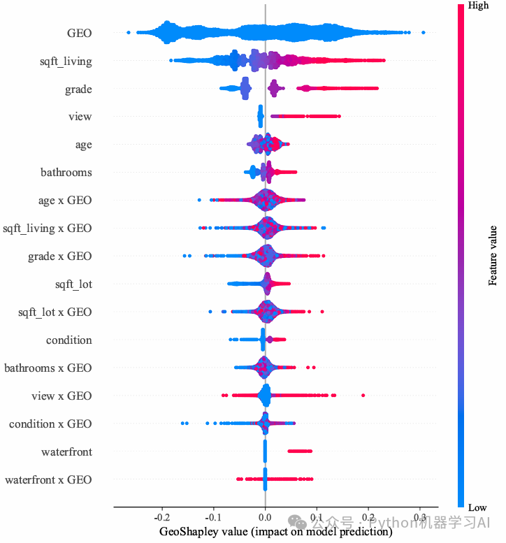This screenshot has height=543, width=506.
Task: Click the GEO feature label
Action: pos(79,34)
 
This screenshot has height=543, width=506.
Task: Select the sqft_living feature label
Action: pos(66,61)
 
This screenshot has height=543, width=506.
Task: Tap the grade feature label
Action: pos(78,89)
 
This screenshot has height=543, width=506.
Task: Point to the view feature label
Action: pos(80,116)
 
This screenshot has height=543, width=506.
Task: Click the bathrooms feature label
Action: pos(66,172)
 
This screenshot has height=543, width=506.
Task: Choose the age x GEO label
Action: pos(65,201)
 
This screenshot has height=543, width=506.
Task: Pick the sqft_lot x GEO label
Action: pos(55,312)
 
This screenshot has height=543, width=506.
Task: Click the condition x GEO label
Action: pos(50,424)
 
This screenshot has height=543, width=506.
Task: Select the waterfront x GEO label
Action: pos(48,480)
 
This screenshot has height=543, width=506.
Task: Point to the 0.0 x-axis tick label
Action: pos(265,517)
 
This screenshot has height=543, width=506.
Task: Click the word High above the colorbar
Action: pos(478,6)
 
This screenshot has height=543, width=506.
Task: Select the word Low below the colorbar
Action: pos(477,507)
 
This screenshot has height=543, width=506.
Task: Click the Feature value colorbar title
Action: pos(493,256)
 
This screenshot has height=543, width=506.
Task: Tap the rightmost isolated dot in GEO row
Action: pos(424,33)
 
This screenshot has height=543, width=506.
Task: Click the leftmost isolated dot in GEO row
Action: pos(129,33)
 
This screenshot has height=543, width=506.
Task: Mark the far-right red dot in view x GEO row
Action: pos(363,395)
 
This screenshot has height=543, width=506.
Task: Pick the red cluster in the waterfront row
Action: pos(300,451)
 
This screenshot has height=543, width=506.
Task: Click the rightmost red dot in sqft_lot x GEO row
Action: pos(322,312)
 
